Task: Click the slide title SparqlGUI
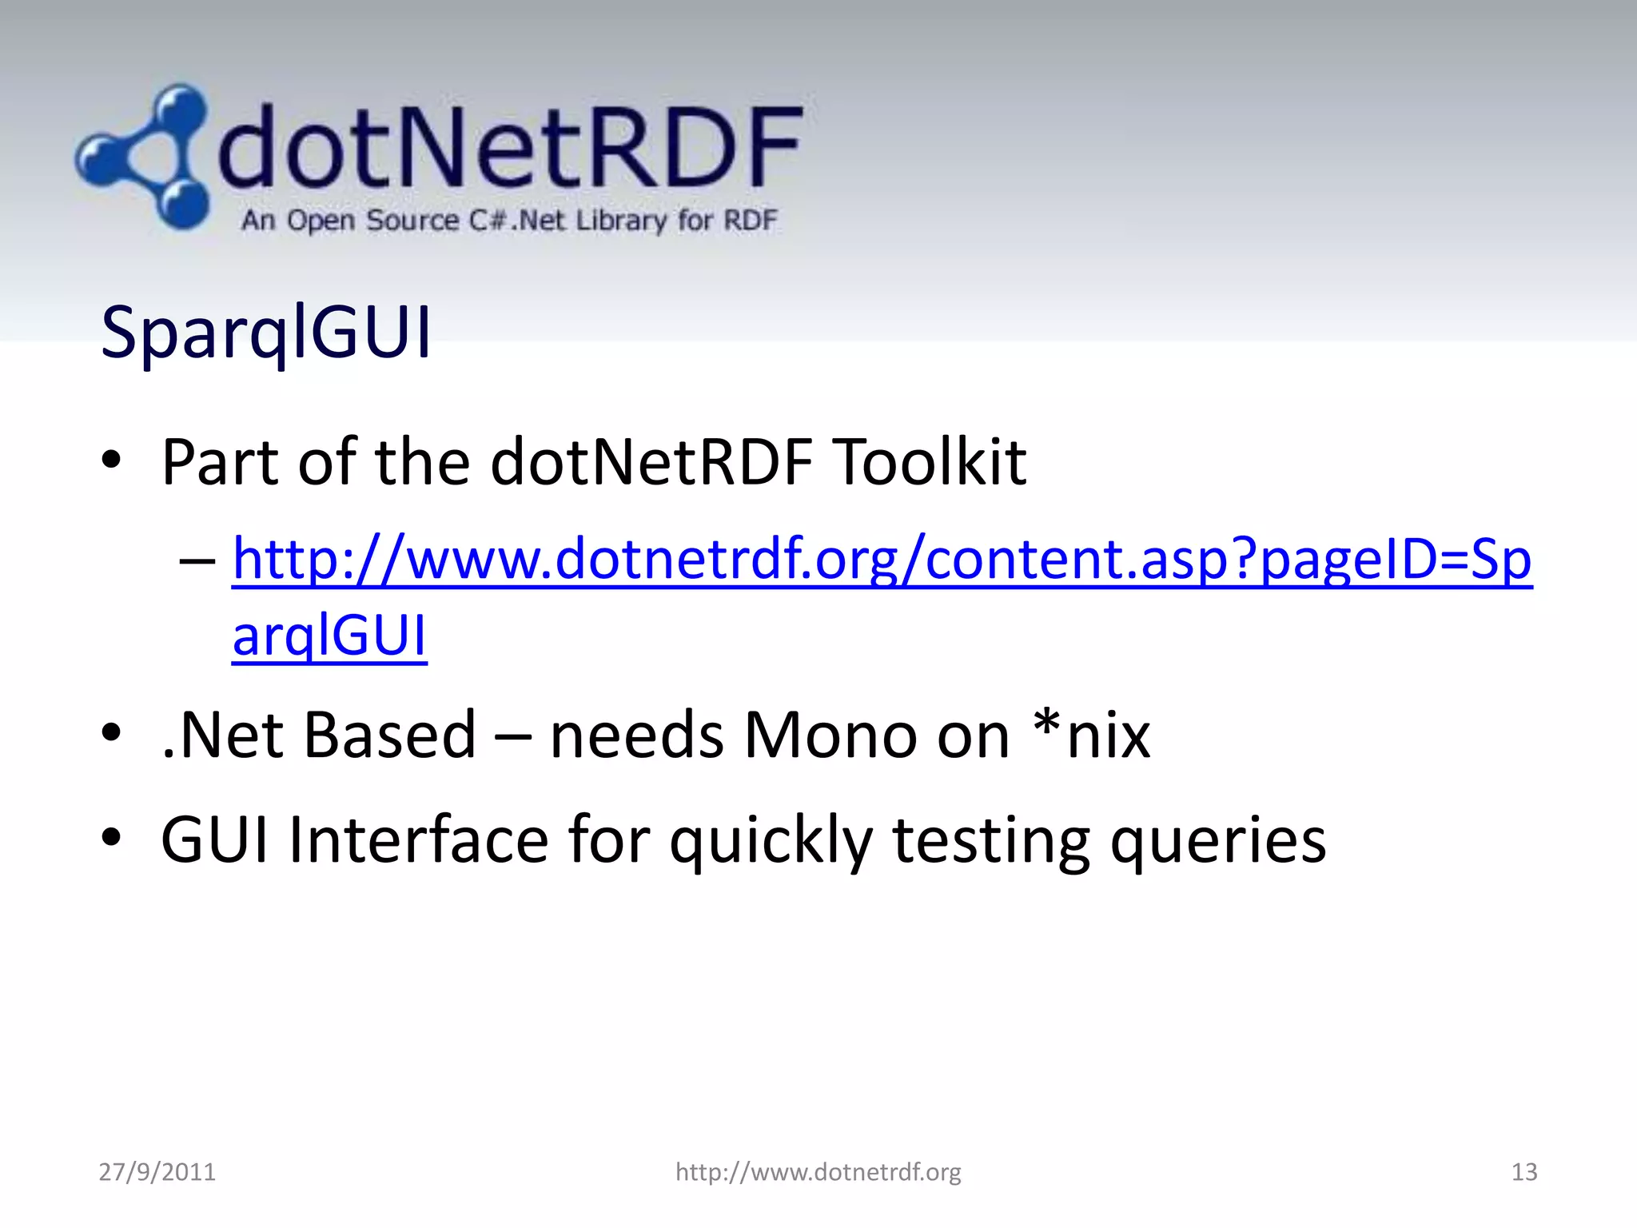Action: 266,332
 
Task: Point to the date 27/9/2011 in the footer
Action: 157,1171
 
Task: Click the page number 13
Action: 1523,1171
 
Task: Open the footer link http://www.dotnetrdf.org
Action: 818,1171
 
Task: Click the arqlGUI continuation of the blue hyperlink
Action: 329,636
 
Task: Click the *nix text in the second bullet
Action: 1092,735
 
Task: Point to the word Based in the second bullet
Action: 390,735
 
